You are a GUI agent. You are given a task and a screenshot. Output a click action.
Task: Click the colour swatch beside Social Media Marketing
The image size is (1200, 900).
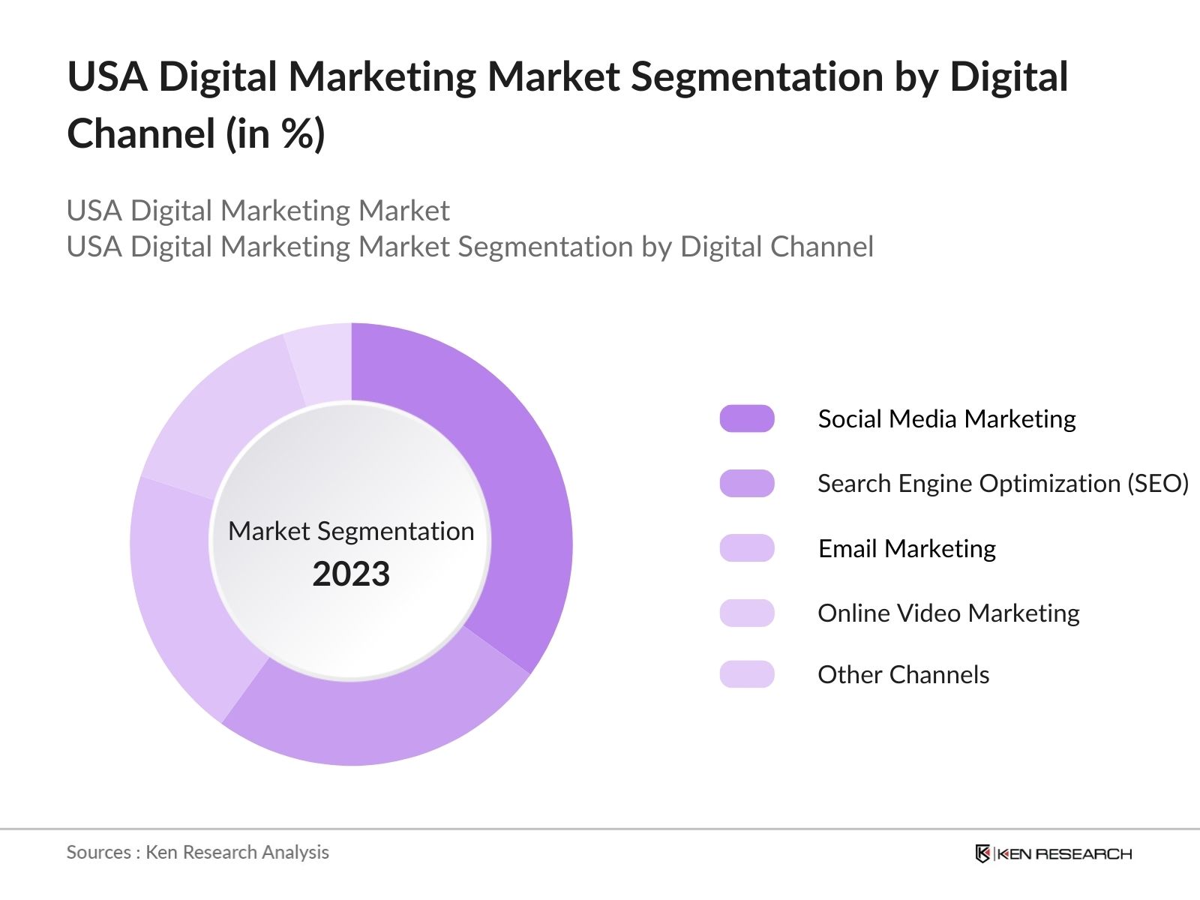tap(747, 418)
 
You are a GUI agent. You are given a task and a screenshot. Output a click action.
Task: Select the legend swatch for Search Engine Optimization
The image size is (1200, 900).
tap(747, 484)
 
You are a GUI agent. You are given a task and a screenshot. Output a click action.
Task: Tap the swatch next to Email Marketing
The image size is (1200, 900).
tap(747, 548)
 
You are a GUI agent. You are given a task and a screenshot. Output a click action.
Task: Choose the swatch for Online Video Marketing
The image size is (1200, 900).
tap(747, 613)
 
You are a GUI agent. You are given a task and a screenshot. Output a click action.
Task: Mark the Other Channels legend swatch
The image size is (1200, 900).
tap(747, 674)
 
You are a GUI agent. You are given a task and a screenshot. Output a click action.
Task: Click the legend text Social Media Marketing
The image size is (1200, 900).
tap(946, 418)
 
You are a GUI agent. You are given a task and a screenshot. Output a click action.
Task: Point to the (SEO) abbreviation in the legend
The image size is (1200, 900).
tap(1158, 484)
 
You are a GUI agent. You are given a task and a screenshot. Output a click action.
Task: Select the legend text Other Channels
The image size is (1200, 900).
tap(903, 674)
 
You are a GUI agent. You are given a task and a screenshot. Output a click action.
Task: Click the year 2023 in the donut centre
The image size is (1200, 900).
tap(351, 574)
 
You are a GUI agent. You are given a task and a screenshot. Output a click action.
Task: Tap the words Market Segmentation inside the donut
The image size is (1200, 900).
tap(351, 531)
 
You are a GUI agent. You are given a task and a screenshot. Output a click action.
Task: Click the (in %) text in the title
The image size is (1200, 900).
tap(275, 134)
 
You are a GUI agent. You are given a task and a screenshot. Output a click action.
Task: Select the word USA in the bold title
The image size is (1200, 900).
tap(107, 76)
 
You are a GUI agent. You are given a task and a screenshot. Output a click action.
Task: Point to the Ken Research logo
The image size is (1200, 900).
tap(1053, 853)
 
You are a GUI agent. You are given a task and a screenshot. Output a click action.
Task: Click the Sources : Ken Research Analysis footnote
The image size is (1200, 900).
tap(197, 852)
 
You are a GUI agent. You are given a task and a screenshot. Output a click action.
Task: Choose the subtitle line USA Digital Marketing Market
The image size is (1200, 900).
tap(258, 211)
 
